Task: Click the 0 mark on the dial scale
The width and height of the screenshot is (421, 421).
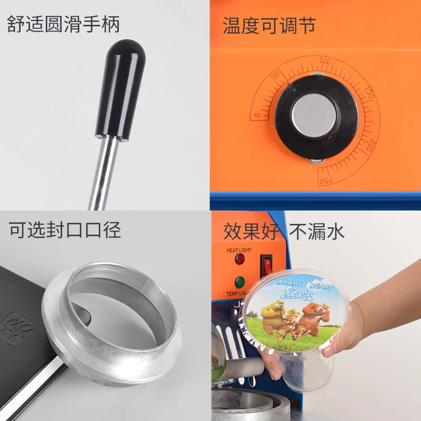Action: click(x=257, y=114)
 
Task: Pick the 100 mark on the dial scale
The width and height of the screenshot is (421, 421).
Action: click(x=325, y=62)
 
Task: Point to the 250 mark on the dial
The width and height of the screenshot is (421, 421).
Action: click(x=327, y=181)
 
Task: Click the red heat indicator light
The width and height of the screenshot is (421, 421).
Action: click(x=240, y=259)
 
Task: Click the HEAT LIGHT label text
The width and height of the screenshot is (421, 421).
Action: click(x=238, y=250)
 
